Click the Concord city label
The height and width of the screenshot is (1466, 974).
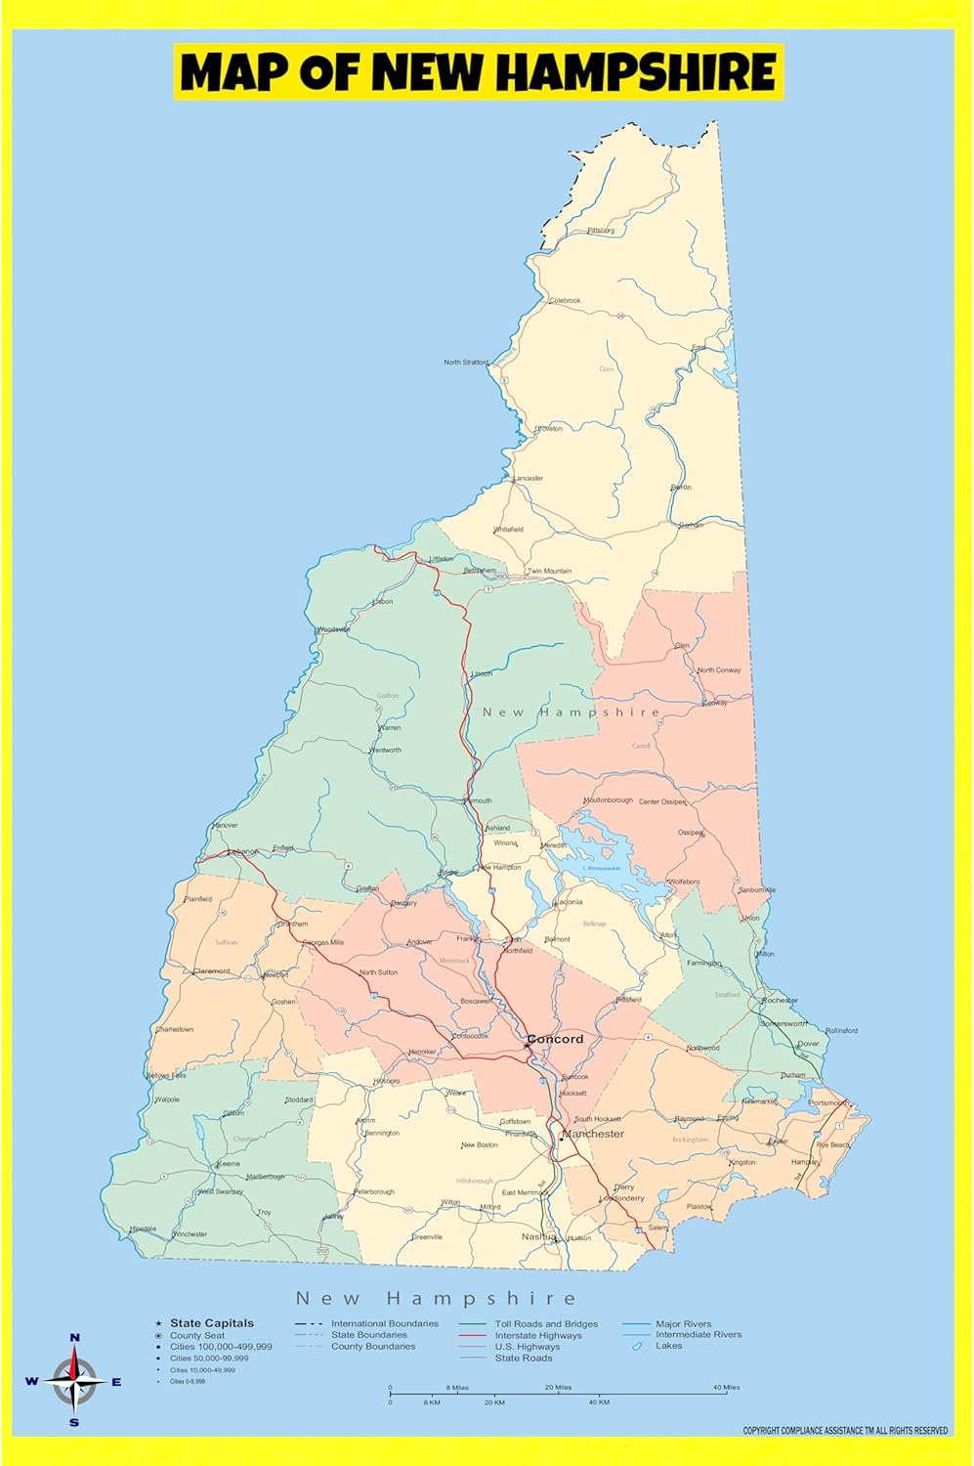coord(556,1039)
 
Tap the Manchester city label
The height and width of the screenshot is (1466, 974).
coord(593,1134)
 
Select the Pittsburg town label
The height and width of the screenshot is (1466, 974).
coord(601,231)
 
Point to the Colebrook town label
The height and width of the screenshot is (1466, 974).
coord(565,301)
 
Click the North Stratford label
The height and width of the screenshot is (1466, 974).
coord(466,363)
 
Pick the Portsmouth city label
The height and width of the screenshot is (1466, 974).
coord(827,1102)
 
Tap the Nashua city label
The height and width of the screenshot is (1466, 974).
coord(537,1236)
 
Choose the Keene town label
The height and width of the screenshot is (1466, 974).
coord(229,1164)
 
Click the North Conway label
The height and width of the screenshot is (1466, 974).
coord(719,670)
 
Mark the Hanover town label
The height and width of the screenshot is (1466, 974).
coord(225,825)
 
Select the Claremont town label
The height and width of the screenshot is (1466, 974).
coord(212,971)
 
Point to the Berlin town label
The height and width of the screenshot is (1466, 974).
coord(681,487)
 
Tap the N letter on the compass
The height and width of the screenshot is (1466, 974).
coord(75,1338)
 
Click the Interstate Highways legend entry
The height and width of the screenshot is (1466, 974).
coord(537,1335)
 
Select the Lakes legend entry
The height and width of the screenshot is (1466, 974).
coord(668,1346)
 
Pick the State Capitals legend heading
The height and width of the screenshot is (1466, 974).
coord(212,1323)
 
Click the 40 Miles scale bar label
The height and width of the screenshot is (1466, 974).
coord(726,1387)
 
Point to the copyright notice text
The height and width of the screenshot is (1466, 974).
coord(845,1431)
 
